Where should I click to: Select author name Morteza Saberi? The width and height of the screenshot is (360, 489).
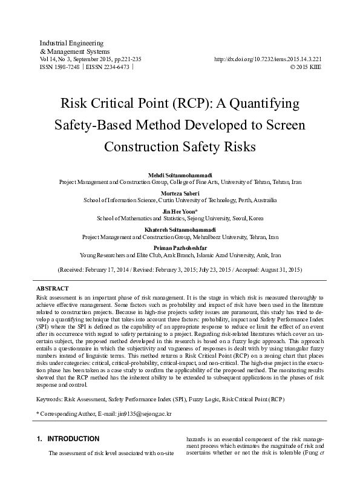(x=180, y=192)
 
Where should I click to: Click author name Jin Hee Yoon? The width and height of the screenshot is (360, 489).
(x=179, y=211)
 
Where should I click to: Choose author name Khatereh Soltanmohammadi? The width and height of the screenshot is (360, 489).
(x=180, y=229)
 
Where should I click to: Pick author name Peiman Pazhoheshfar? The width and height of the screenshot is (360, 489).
(x=180, y=247)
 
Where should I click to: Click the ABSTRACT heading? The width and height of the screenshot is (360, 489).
(x=53, y=289)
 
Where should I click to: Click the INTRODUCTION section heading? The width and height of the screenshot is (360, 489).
(x=73, y=439)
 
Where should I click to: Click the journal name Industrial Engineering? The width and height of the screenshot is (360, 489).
(x=71, y=44)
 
